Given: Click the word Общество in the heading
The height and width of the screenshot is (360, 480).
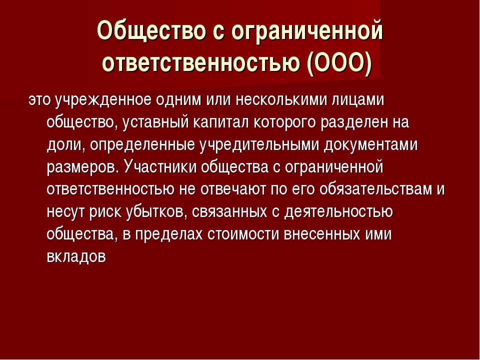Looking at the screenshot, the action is [x=150, y=30].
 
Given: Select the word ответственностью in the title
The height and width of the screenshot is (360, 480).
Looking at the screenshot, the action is [x=200, y=63].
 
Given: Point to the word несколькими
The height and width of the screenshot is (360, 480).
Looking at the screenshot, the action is [x=281, y=100].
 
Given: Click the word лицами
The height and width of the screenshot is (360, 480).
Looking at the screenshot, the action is [x=358, y=100].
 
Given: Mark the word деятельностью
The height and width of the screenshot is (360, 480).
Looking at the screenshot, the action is [x=338, y=211].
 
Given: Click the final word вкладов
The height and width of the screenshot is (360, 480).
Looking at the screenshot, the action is [x=76, y=256].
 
